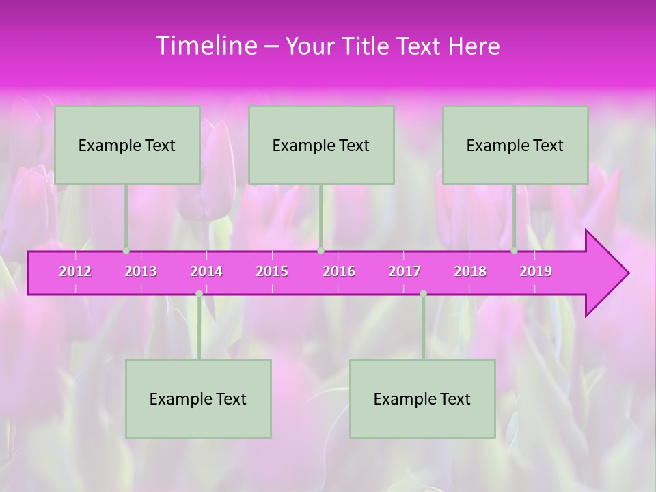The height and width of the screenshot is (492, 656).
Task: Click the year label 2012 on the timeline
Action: [x=75, y=271]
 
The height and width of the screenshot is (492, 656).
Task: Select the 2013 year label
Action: [x=141, y=271]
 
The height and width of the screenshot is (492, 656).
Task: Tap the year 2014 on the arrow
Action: [x=206, y=271]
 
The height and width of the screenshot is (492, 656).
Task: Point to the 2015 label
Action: [x=272, y=271]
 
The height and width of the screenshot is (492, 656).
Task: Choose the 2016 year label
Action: [x=339, y=271]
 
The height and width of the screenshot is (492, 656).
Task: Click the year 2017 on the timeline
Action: [x=405, y=271]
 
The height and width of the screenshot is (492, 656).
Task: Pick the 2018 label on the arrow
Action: [x=470, y=271]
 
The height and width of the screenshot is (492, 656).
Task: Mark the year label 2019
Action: [x=536, y=271]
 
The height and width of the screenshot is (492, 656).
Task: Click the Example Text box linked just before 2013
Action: [x=127, y=145]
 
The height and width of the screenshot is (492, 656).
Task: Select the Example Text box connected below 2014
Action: [x=198, y=398]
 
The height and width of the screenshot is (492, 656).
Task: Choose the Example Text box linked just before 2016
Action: [x=321, y=145]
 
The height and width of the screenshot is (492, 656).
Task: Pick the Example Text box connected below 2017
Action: [x=422, y=398]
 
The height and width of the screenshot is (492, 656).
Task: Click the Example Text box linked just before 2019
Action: [x=515, y=145]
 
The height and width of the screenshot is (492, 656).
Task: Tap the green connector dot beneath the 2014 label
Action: [x=199, y=293]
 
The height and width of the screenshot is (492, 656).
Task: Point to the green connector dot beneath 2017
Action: [x=423, y=293]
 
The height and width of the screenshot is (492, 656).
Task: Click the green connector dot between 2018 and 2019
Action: [x=515, y=250]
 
